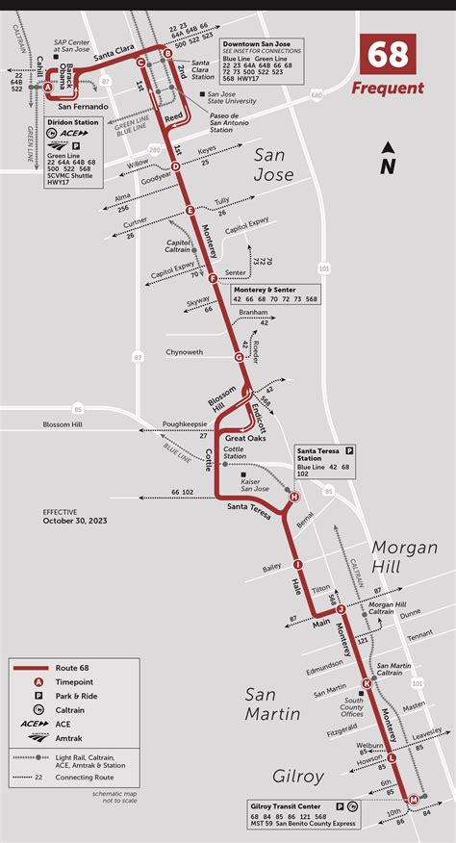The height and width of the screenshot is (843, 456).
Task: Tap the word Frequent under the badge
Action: (388, 89)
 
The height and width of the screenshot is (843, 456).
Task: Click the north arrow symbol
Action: (387, 159)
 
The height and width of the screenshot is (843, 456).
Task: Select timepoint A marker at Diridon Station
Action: (48, 87)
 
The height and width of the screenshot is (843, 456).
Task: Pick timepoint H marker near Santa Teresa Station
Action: (294, 497)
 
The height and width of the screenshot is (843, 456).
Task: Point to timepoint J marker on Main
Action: (341, 608)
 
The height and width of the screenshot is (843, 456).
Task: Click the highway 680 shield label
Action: (317, 95)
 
